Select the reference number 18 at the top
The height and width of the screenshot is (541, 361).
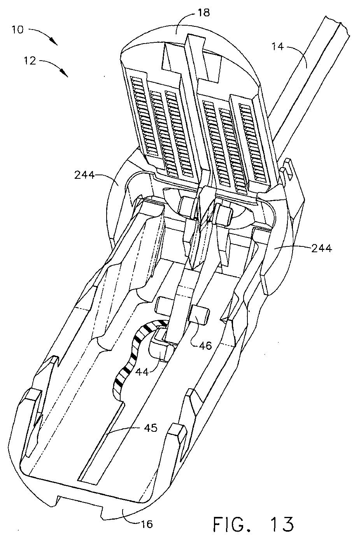coord(204,13)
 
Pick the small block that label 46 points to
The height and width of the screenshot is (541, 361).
coord(199,314)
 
